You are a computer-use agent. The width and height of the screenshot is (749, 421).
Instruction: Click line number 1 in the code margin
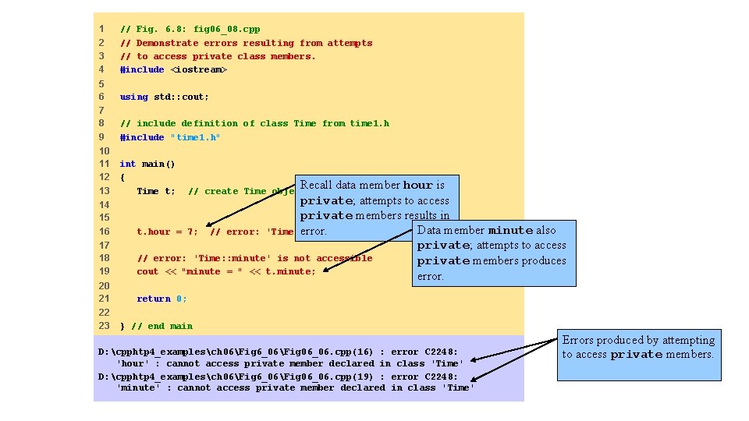pyautogui.click(x=101, y=29)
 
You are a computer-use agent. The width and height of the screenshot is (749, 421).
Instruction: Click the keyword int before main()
pyautogui.click(x=127, y=164)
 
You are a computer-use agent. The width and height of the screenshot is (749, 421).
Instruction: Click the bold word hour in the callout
pyautogui.click(x=417, y=186)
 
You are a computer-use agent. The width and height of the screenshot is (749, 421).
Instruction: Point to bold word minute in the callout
pyautogui.click(x=510, y=231)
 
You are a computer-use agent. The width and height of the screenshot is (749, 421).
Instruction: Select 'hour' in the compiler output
pyautogui.click(x=132, y=363)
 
